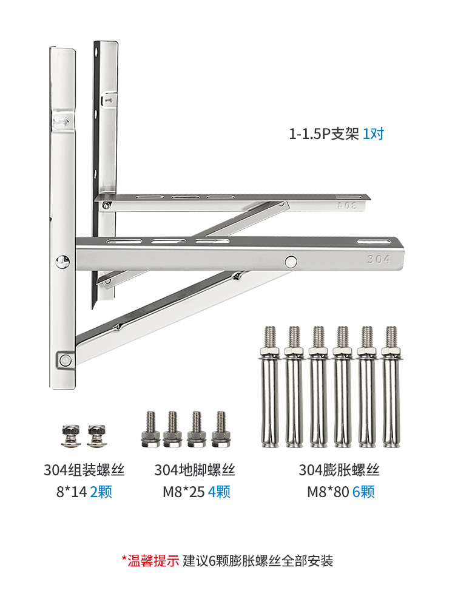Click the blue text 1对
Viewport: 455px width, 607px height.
[373, 134]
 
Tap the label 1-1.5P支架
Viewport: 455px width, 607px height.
[324, 134]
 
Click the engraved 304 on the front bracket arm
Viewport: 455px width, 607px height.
[379, 259]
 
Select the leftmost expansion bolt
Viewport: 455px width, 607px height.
[270, 387]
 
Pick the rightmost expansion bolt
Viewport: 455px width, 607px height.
[391, 387]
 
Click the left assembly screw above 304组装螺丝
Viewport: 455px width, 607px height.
[71, 435]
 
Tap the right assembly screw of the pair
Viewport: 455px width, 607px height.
[96, 435]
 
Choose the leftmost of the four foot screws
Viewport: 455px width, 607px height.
[151, 429]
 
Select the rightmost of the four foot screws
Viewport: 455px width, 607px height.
[221, 429]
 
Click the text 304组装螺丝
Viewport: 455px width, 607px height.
[84, 470]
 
